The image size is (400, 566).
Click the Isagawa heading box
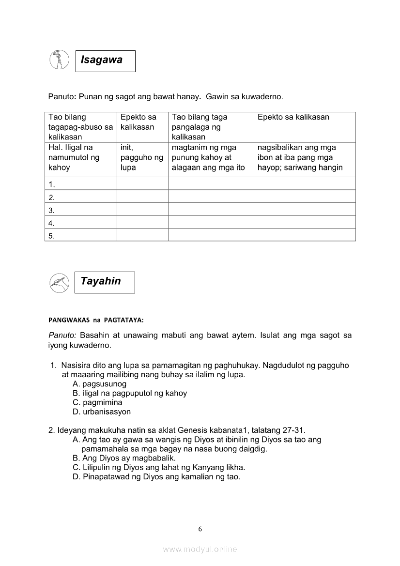pos(105,61)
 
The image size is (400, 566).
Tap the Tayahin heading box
pos(105,282)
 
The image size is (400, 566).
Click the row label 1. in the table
pos(52,184)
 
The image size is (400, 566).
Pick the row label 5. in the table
pos(52,236)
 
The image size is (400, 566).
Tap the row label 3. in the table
pos(52,210)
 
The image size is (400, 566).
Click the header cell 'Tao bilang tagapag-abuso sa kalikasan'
pos(80,127)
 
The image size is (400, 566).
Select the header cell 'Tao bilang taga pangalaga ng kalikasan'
pos(211,127)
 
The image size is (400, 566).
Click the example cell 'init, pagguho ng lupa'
pos(142,157)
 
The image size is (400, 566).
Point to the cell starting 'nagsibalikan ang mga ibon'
pos(304,157)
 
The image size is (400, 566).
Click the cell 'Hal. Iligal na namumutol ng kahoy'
pos(80,157)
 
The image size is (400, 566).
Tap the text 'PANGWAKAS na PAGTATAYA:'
pos(96,320)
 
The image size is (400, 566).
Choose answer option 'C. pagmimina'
pos(97,402)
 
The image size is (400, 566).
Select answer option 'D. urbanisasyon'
pos(102,412)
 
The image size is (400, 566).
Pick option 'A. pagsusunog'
pos(99,384)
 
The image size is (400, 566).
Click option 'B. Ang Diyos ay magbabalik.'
pos(124,458)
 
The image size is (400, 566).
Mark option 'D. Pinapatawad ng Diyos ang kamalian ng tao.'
pos(156,476)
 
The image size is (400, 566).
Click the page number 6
pos(200,529)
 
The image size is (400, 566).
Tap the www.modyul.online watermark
pos(200,549)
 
